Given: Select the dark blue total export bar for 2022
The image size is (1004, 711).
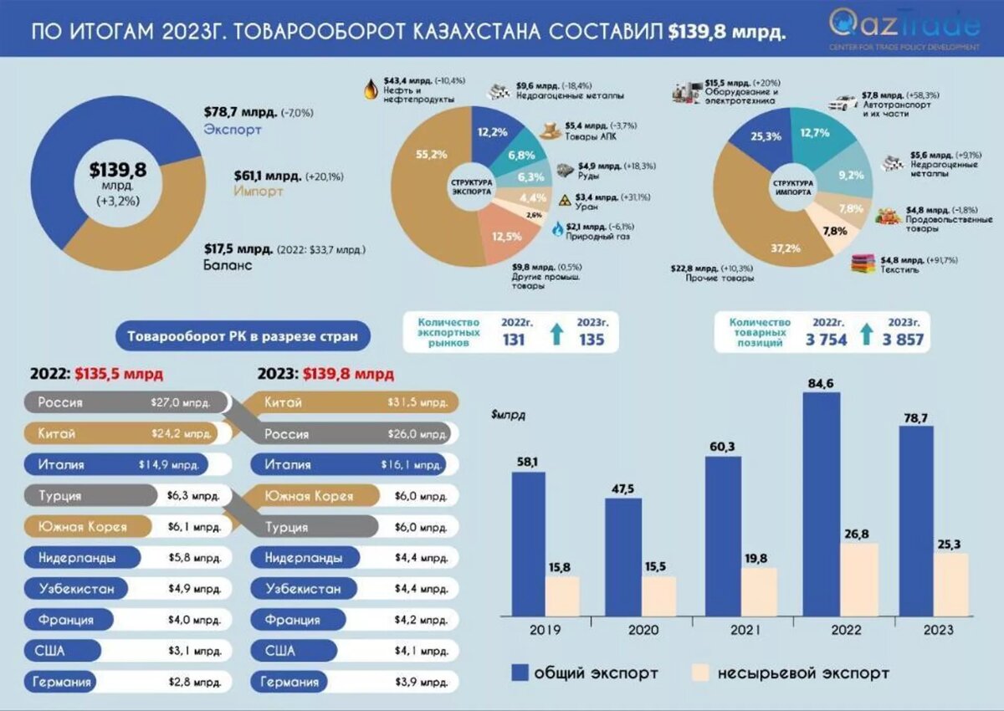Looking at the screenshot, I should pyautogui.click(x=821, y=502).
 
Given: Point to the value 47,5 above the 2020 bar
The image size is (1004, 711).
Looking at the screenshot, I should pyautogui.click(x=622, y=487).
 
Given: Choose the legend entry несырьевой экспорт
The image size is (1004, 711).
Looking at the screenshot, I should pyautogui.click(x=791, y=673).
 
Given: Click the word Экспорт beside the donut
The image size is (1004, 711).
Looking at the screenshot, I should pyautogui.click(x=233, y=130).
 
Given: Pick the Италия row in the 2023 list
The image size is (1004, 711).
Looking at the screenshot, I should pyautogui.click(x=351, y=464).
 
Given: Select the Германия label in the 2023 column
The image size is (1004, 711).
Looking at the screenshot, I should pyautogui.click(x=290, y=682).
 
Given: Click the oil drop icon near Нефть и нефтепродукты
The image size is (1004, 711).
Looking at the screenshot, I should pyautogui.click(x=371, y=88).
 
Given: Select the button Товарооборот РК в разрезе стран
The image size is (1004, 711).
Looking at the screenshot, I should pyautogui.click(x=243, y=337).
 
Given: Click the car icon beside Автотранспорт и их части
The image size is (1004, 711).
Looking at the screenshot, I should pyautogui.click(x=842, y=104).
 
